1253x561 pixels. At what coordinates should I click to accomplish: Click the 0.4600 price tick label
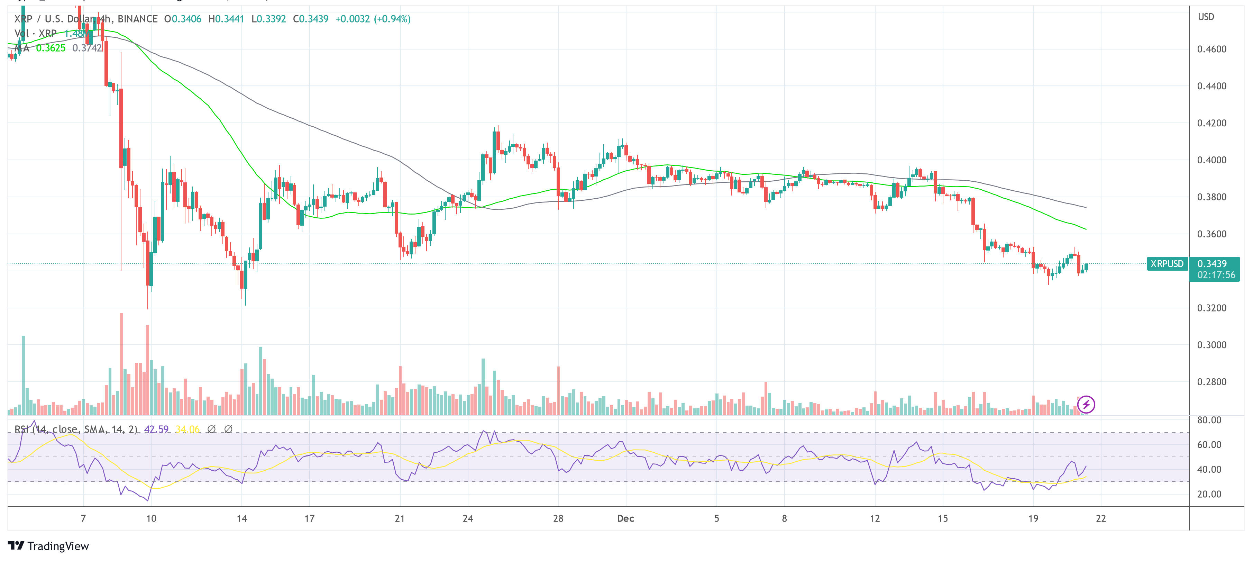(1211, 49)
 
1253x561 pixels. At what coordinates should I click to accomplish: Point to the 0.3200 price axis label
(1211, 308)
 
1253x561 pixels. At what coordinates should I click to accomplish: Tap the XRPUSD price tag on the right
(1167, 264)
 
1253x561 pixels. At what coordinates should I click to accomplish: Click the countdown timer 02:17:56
(1216, 275)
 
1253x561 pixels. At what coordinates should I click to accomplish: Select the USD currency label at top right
(1206, 17)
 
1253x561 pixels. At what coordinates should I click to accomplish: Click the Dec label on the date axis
(625, 519)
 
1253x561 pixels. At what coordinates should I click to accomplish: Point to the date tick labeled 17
(309, 519)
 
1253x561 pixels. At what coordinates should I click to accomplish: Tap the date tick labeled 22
(1101, 519)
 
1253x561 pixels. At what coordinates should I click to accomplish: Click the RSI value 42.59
(156, 429)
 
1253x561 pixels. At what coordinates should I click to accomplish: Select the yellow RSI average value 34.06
(187, 429)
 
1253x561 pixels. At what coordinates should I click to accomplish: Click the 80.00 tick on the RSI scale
(1209, 420)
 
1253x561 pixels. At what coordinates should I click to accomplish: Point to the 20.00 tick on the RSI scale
(1209, 494)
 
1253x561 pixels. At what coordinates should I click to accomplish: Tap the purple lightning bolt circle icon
(1086, 404)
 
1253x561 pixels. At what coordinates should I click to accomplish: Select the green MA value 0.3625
(51, 48)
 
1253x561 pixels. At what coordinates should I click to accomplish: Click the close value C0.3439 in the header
(310, 19)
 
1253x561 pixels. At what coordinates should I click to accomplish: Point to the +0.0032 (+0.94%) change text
(373, 19)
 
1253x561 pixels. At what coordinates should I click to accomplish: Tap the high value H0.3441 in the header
(226, 19)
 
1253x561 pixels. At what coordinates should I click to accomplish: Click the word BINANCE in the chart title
(138, 19)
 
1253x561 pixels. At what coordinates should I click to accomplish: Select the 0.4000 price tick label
(1211, 160)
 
